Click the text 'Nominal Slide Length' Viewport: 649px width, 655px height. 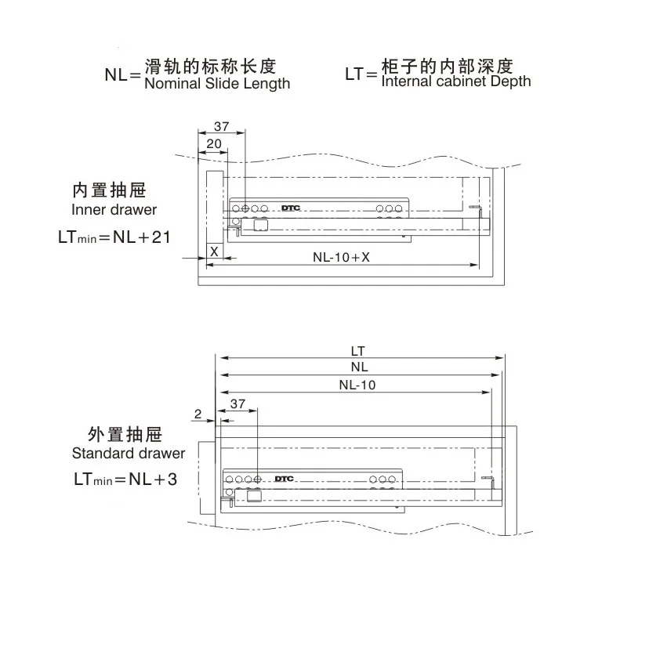coord(217,83)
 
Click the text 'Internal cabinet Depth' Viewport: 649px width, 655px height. coord(455,81)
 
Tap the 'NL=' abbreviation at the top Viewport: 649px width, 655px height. coord(122,75)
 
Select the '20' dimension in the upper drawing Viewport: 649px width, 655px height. coord(213,143)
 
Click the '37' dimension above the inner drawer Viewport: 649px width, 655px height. coord(221,125)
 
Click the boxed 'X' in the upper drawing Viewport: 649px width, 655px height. coord(213,251)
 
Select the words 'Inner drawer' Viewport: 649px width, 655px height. coord(114,209)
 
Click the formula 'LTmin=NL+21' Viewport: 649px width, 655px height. coord(114,237)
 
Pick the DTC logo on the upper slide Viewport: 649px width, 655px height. coord(290,209)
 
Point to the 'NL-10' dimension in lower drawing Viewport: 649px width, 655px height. coord(357,384)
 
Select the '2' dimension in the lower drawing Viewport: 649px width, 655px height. coord(198,413)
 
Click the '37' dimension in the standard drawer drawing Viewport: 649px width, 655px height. coord(238,403)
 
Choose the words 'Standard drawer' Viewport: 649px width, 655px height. coord(129,453)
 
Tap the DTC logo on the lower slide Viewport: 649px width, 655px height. coord(284,479)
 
